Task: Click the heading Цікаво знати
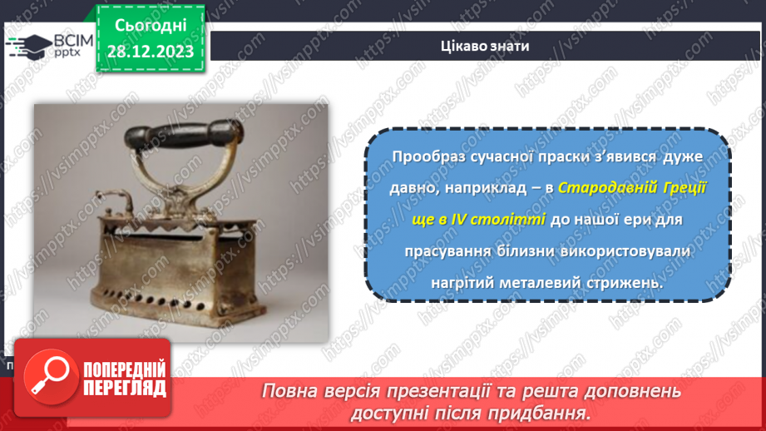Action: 484,46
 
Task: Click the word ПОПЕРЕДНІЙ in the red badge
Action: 125,369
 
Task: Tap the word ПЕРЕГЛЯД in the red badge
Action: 125,388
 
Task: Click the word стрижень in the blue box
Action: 630,283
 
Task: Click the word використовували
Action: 638,251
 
